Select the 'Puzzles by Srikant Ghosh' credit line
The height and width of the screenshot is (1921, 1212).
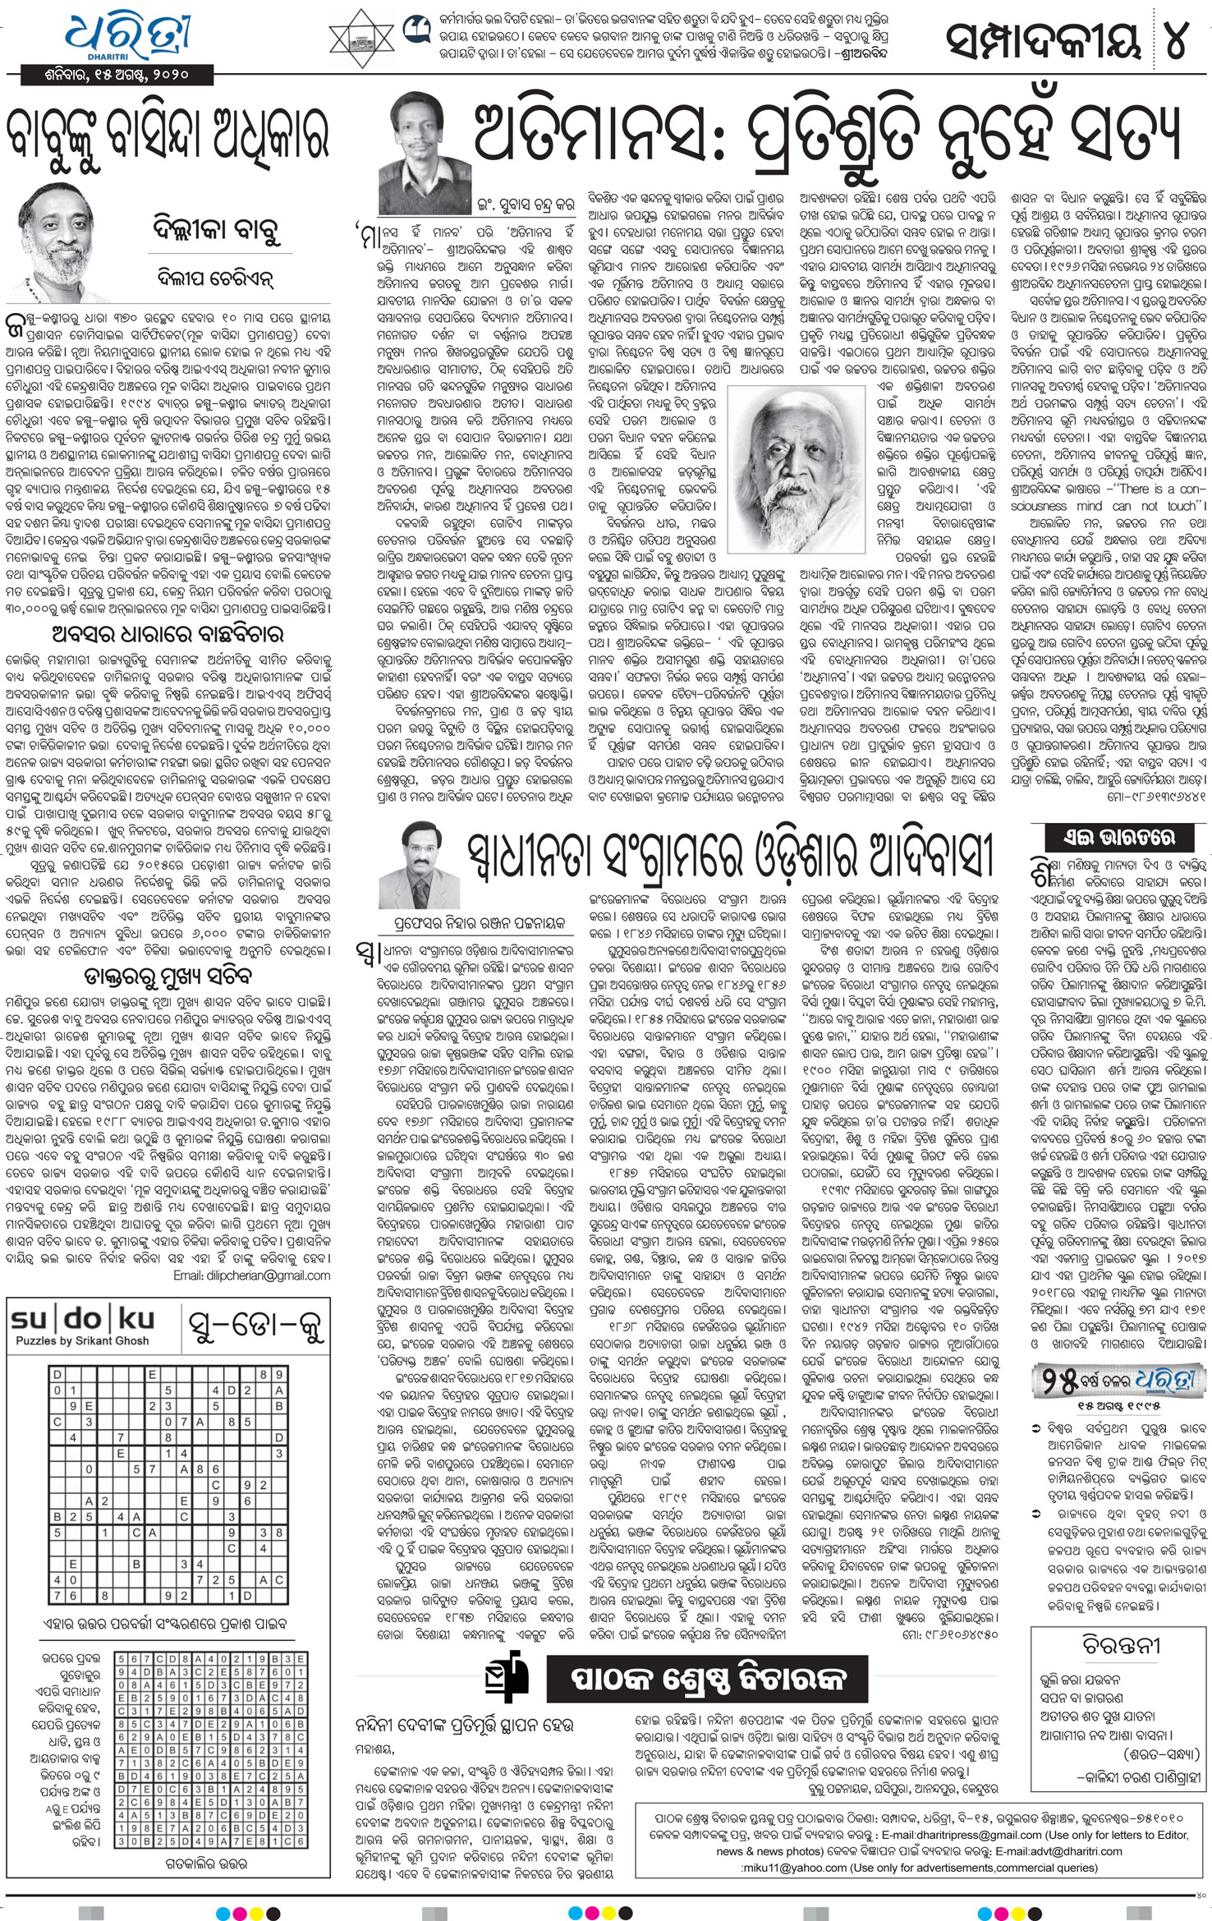click(x=82, y=1341)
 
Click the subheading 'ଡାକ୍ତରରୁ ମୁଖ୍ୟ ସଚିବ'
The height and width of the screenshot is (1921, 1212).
click(x=168, y=977)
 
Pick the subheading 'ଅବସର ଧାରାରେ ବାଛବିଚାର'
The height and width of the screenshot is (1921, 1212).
click(x=168, y=634)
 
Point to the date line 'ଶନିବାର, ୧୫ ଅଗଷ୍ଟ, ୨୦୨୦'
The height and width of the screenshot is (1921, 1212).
click(x=118, y=75)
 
